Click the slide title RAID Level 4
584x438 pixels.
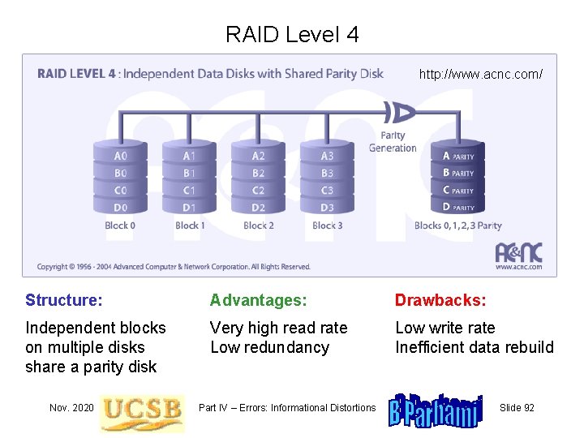tap(292, 34)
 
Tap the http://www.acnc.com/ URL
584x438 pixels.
tap(480, 74)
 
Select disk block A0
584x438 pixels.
tap(120, 156)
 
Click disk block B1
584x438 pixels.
tap(189, 173)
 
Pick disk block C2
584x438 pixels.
tap(258, 190)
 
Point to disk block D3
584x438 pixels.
tap(327, 207)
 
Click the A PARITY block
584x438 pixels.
tap(458, 156)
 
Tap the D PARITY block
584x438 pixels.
tap(458, 207)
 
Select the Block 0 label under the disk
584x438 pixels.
tap(121, 225)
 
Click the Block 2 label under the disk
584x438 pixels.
tap(259, 225)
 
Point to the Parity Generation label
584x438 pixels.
tap(393, 142)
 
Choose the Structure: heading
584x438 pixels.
tap(64, 300)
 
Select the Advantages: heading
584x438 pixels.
tap(259, 300)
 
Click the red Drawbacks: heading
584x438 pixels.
tap(440, 300)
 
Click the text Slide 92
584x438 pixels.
tap(517, 407)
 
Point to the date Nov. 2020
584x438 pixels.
tap(71, 407)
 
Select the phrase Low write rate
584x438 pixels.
tap(444, 328)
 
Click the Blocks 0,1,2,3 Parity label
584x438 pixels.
tap(457, 225)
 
